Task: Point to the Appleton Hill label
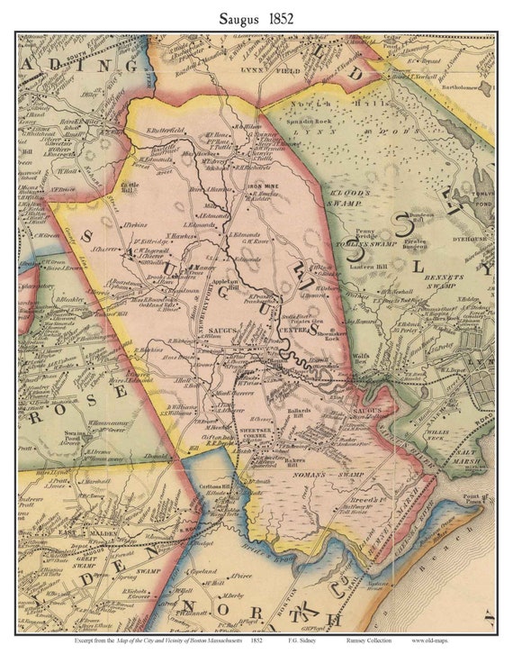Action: (222, 281)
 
